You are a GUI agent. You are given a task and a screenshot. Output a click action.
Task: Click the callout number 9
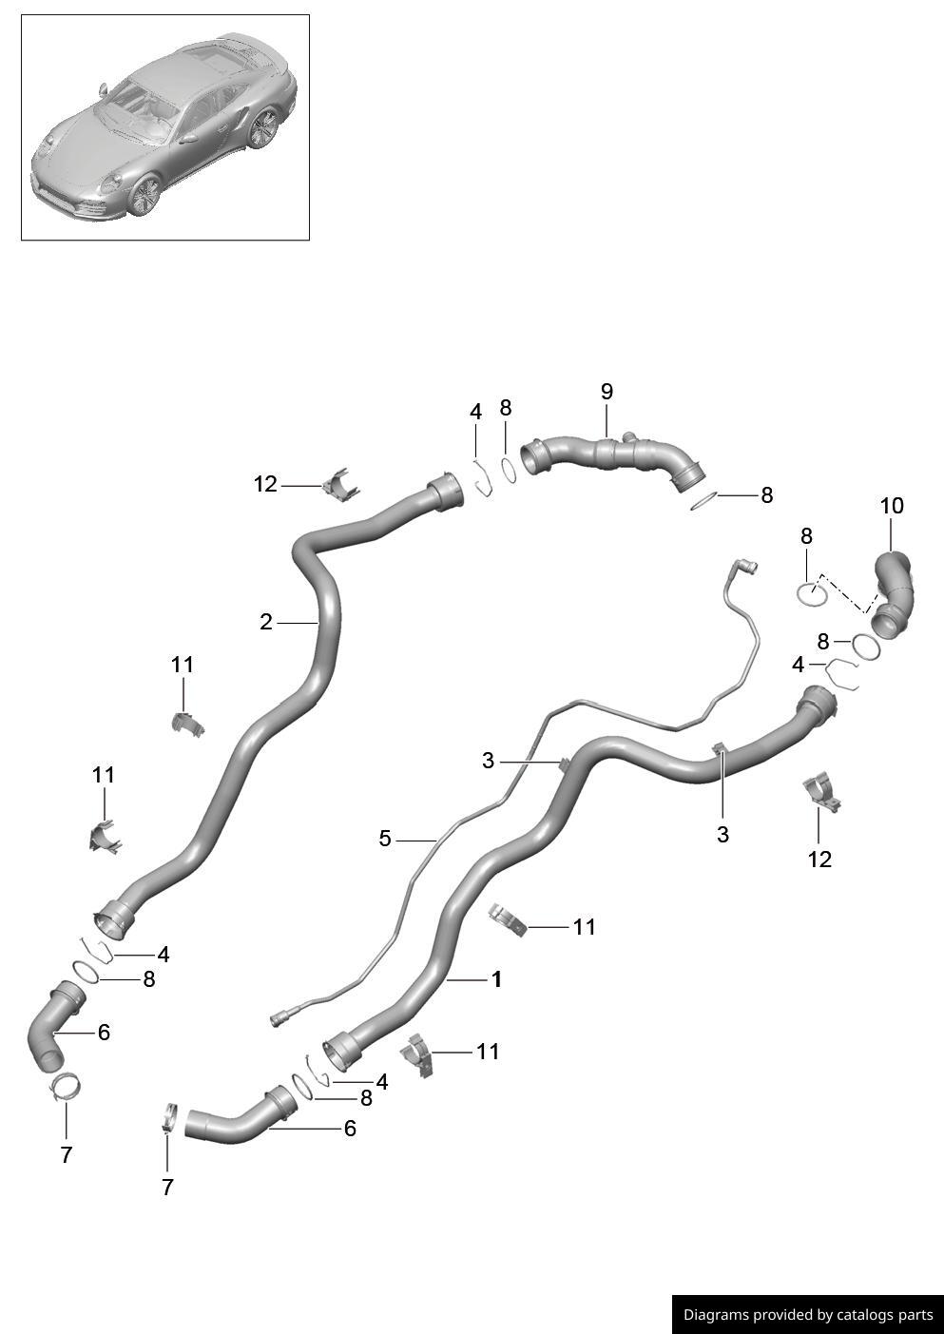pyautogui.click(x=607, y=391)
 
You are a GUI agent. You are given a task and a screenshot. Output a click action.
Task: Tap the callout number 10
pyautogui.click(x=892, y=506)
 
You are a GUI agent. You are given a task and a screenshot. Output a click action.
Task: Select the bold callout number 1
pyautogui.click(x=496, y=979)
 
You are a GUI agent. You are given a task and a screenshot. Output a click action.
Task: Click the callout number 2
pyautogui.click(x=266, y=622)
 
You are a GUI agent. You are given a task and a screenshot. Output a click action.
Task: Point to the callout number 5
pyautogui.click(x=385, y=839)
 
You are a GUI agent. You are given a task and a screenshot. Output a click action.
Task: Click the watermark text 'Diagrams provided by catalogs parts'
pyautogui.click(x=808, y=1315)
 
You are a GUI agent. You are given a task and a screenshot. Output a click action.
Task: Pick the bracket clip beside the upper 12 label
pyautogui.click(x=339, y=485)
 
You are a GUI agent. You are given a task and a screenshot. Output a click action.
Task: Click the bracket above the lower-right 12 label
pyautogui.click(x=821, y=793)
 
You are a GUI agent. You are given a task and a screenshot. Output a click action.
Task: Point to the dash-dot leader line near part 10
pyautogui.click(x=844, y=593)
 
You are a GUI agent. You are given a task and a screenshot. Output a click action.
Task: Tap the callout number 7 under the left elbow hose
pyautogui.click(x=66, y=1154)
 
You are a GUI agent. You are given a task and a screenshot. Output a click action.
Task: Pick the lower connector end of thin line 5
pyautogui.click(x=280, y=1019)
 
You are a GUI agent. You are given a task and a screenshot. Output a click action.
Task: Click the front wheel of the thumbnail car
pyautogui.click(x=145, y=195)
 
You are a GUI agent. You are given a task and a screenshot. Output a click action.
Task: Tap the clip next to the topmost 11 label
pyautogui.click(x=186, y=724)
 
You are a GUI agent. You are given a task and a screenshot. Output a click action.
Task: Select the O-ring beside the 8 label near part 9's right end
pyautogui.click(x=703, y=500)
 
